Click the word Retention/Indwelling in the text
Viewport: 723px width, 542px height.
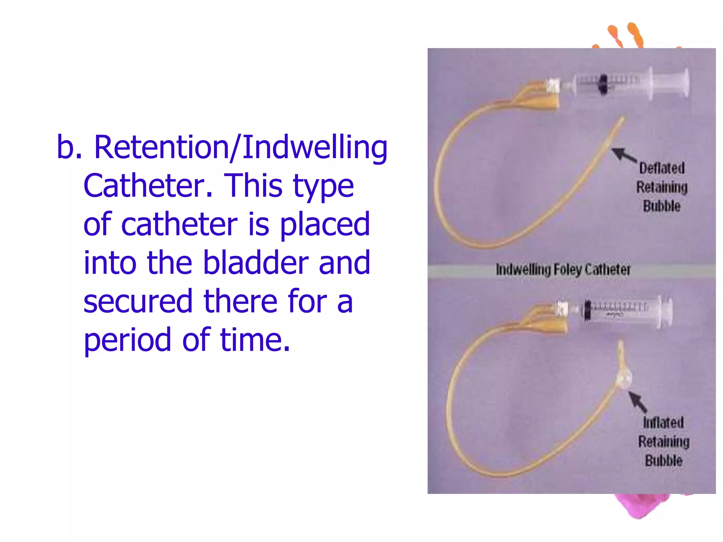[x=241, y=147]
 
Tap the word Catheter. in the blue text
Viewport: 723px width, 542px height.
[x=148, y=186]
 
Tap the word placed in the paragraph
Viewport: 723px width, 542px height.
[x=325, y=225]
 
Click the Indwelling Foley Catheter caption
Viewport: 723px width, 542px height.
[x=563, y=270]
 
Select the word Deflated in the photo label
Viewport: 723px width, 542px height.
[x=662, y=168]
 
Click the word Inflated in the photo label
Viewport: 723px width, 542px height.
[x=663, y=422]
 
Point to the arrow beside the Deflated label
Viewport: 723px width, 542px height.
[x=624, y=155]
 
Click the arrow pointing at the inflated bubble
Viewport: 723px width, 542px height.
[x=638, y=402]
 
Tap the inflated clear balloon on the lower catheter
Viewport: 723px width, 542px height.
[x=623, y=379]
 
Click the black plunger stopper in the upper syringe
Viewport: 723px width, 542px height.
[x=603, y=85]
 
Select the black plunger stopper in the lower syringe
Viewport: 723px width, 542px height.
[x=587, y=310]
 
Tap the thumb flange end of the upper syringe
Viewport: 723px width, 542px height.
[x=685, y=82]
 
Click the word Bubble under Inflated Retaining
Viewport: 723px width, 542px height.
[x=664, y=460]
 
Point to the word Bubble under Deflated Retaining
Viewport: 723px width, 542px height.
[x=662, y=206]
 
